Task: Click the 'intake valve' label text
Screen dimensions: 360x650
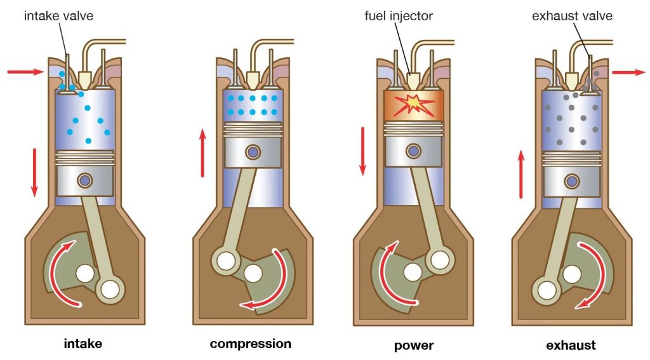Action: coord(58,15)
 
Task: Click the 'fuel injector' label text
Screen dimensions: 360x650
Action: coord(399,15)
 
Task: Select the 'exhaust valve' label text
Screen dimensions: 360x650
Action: coord(572,15)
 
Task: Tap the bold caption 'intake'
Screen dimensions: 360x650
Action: coord(83,345)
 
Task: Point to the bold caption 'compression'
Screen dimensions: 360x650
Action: coord(250,344)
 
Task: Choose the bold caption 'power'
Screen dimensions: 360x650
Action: coord(414,345)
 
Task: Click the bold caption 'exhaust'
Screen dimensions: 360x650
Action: coord(571,345)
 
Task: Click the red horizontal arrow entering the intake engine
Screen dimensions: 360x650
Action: coord(25,72)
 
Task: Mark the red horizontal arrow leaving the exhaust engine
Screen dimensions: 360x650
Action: coord(628,72)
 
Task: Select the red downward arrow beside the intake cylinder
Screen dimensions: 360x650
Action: coord(34,171)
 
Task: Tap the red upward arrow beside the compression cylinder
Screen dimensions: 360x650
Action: coord(202,152)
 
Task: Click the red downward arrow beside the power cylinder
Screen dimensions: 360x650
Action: coord(363,151)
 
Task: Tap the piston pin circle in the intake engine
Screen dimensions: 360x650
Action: coord(84,181)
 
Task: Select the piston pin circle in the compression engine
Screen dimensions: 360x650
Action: coord(253,152)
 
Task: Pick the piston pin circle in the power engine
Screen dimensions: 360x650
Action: coord(413,151)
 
